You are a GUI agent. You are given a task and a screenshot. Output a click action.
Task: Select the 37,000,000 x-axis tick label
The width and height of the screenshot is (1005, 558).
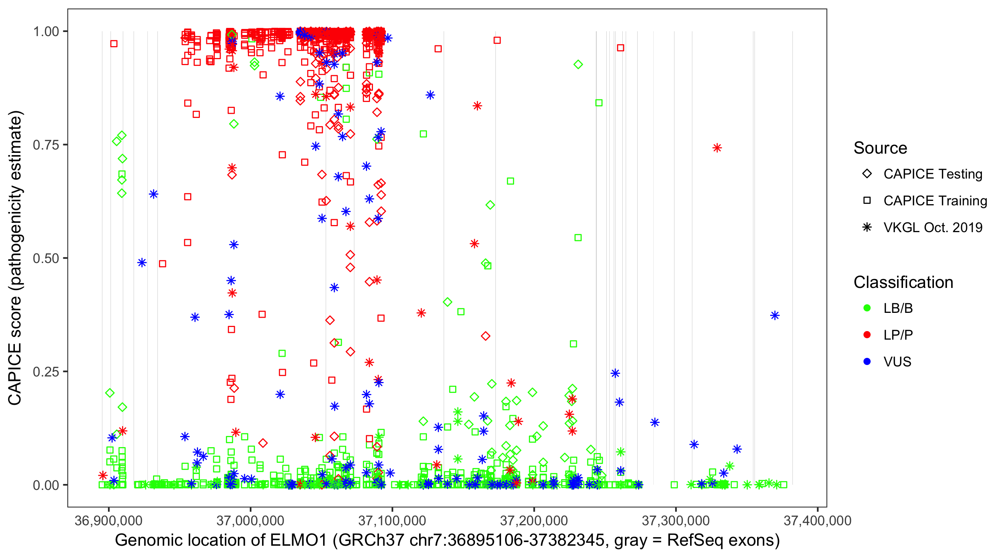[250, 520]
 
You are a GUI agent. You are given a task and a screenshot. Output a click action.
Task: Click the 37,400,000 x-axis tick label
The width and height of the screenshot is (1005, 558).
[817, 520]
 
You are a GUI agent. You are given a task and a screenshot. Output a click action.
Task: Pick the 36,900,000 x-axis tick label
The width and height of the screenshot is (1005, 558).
[108, 520]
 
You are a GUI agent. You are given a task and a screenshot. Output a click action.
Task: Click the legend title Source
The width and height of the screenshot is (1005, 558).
[880, 148]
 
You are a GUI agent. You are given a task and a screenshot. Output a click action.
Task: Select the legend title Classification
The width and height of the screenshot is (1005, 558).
[903, 282]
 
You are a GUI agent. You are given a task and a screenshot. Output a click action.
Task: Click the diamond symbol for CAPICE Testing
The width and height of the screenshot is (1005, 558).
[867, 174]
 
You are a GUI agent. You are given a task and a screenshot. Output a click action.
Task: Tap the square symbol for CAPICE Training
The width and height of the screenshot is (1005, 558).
[867, 201]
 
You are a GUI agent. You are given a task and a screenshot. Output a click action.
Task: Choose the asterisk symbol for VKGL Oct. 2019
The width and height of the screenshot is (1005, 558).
[867, 227]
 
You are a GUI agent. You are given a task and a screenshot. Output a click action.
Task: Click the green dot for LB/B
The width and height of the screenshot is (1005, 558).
[867, 308]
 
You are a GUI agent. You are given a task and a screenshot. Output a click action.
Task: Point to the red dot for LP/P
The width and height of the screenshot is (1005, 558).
[867, 335]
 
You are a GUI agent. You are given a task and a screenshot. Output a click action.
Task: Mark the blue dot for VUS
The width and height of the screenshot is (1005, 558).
[867, 362]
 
